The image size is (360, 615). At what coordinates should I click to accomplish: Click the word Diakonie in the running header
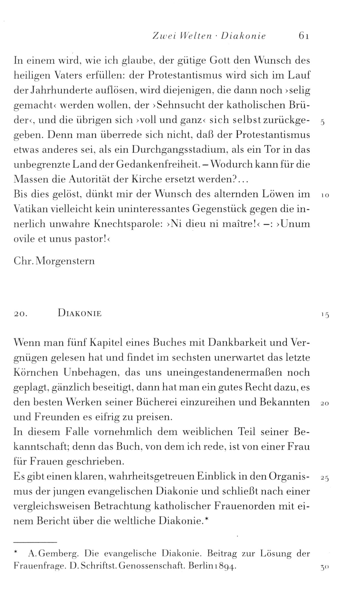pyautogui.click(x=243, y=36)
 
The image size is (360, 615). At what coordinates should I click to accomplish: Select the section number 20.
pyautogui.click(x=20, y=314)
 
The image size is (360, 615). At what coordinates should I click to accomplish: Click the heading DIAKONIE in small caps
pyautogui.click(x=80, y=313)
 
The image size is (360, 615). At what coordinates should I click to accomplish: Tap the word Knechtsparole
pyautogui.click(x=127, y=224)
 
